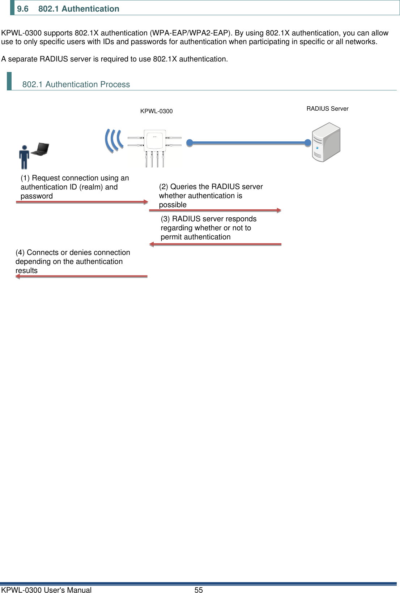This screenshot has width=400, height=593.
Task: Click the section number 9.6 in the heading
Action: tap(22, 9)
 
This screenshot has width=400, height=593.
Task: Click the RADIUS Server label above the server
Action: tap(327, 108)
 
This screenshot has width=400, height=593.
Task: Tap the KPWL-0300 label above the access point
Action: tap(156, 111)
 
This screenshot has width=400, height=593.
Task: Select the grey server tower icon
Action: tap(326, 142)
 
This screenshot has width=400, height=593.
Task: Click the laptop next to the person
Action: tap(41, 149)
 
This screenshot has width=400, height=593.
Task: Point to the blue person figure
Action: tap(24, 157)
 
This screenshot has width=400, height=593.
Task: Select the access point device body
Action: tap(155, 141)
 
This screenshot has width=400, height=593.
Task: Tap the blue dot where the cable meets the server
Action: tap(308, 143)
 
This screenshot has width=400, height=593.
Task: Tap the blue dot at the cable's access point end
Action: tap(190, 143)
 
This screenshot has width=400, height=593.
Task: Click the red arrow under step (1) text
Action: tap(82, 202)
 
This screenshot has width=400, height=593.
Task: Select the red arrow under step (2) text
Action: tap(215, 210)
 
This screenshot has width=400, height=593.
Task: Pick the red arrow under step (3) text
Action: tap(215, 244)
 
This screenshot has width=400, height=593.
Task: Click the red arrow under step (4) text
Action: tap(82, 276)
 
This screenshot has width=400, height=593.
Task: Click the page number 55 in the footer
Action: tap(199, 590)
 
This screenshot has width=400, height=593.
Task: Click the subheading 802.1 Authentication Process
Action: tap(76, 84)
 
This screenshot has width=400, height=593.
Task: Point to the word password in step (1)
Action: tap(37, 196)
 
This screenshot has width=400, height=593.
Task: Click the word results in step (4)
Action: tap(26, 270)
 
